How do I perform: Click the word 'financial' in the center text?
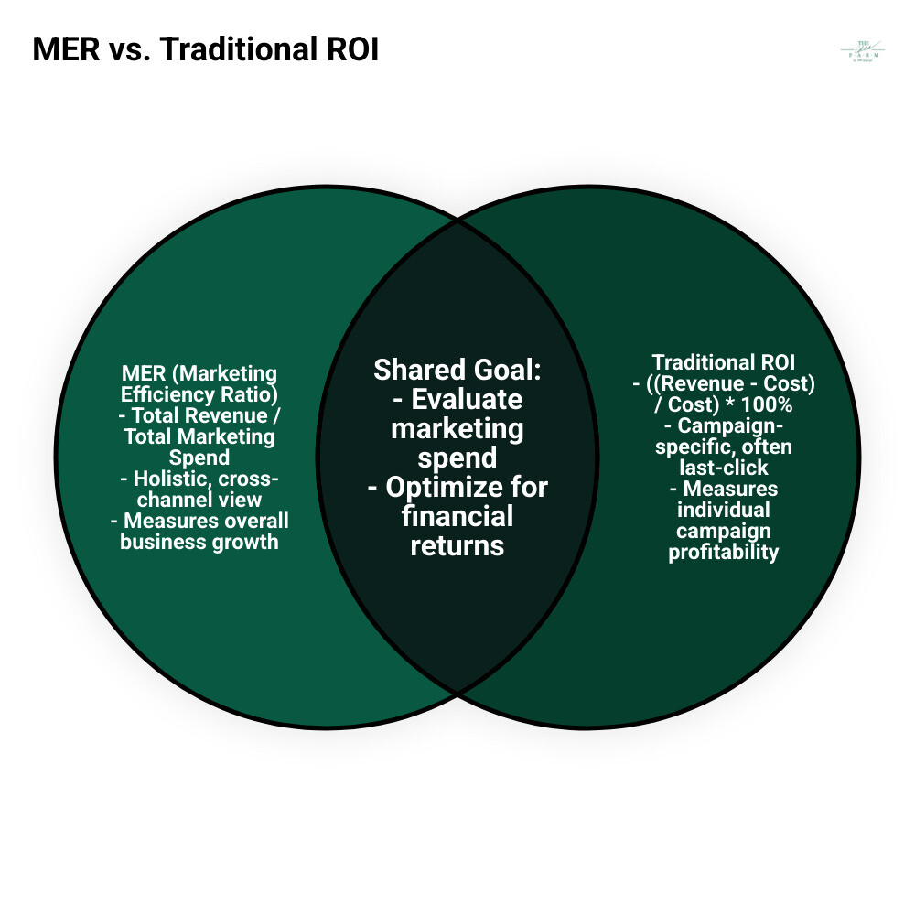(x=457, y=516)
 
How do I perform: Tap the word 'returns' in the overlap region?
(x=457, y=545)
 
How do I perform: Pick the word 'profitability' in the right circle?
(x=723, y=552)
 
